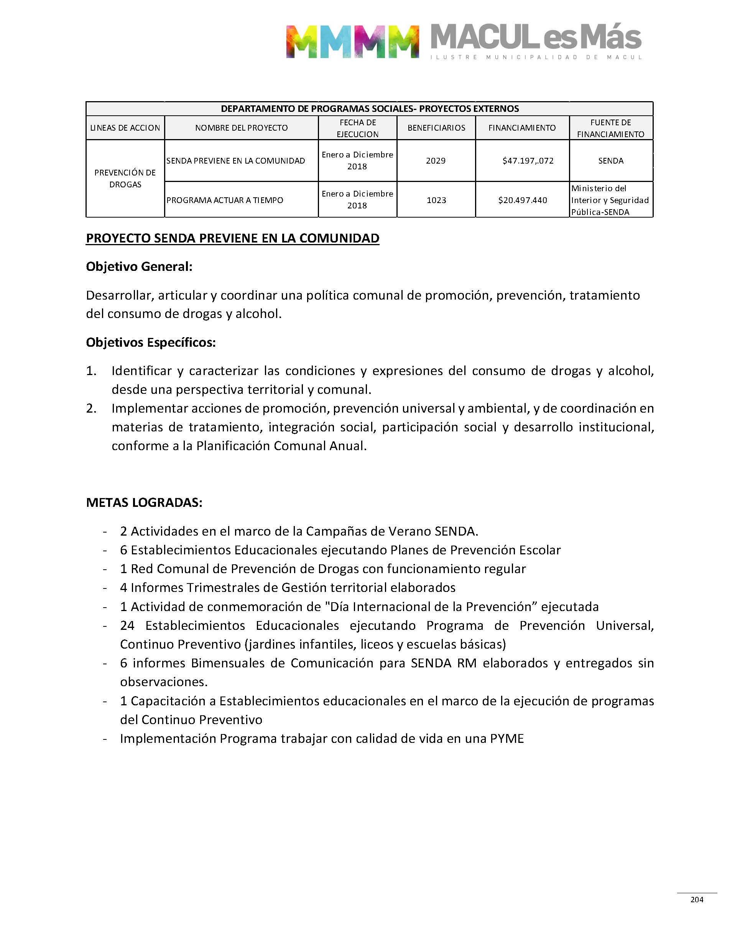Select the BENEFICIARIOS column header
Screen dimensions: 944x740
(x=436, y=128)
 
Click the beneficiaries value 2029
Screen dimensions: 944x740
(x=436, y=161)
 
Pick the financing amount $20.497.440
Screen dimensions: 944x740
(x=523, y=200)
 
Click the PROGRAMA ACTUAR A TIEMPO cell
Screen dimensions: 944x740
(x=224, y=200)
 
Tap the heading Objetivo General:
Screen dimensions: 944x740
(x=139, y=267)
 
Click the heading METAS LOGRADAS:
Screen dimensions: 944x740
(x=144, y=503)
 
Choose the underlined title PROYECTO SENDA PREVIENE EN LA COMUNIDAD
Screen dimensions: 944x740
(x=232, y=238)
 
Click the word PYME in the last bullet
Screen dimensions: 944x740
(x=507, y=738)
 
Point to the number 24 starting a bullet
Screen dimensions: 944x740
(x=127, y=626)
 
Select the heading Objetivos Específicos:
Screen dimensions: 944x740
(x=151, y=343)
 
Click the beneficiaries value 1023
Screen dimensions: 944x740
(x=436, y=200)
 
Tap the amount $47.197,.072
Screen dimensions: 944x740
(x=528, y=161)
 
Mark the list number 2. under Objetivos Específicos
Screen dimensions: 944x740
(x=91, y=408)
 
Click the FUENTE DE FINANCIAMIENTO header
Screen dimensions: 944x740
(x=610, y=128)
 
